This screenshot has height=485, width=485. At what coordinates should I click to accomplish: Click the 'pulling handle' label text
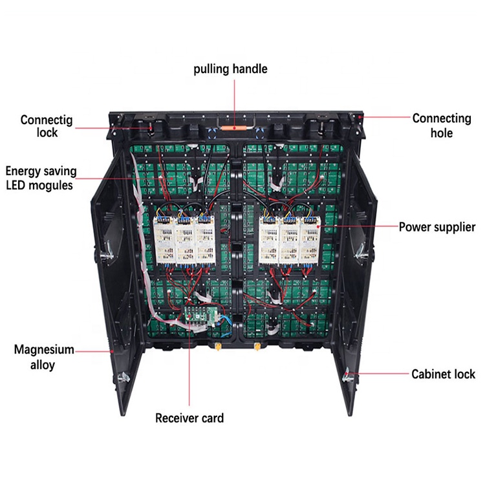coord(230,69)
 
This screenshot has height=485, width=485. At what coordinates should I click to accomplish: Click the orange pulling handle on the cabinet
coord(233,127)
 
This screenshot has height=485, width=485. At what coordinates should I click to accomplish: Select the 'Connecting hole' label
coord(442,125)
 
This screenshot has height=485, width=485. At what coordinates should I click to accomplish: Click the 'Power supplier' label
coord(436,227)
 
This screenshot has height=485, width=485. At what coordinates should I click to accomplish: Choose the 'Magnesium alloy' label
coord(44,358)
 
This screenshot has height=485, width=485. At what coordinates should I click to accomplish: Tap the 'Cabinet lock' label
coord(443,374)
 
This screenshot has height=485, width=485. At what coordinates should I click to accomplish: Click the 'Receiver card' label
coord(189,418)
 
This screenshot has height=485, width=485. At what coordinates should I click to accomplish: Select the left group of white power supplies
coord(184,238)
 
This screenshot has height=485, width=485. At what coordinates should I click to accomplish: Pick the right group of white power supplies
coord(290,238)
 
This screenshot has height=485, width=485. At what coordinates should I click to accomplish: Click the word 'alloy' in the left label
coord(44,365)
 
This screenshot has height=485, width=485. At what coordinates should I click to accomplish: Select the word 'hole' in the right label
coord(442,133)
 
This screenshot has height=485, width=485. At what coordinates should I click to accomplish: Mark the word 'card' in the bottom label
coord(210,418)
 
